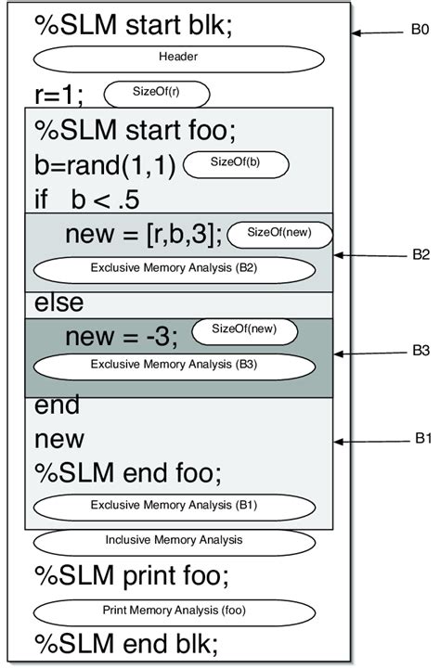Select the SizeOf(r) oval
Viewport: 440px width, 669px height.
click(x=157, y=94)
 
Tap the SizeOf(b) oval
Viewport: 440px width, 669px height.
click(x=237, y=164)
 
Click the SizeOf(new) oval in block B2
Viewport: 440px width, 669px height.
click(x=279, y=235)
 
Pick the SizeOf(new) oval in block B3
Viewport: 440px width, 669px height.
click(x=245, y=330)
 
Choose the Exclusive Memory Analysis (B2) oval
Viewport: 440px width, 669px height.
click(x=175, y=269)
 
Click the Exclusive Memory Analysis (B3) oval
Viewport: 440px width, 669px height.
click(x=175, y=365)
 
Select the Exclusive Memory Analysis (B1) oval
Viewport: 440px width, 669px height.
click(x=175, y=507)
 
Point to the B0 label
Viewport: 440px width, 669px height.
click(x=420, y=32)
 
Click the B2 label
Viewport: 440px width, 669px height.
click(x=420, y=253)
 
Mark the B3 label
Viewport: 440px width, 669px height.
click(x=420, y=353)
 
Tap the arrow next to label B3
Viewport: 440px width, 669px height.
click(x=369, y=354)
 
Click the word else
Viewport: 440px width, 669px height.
click(x=58, y=303)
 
